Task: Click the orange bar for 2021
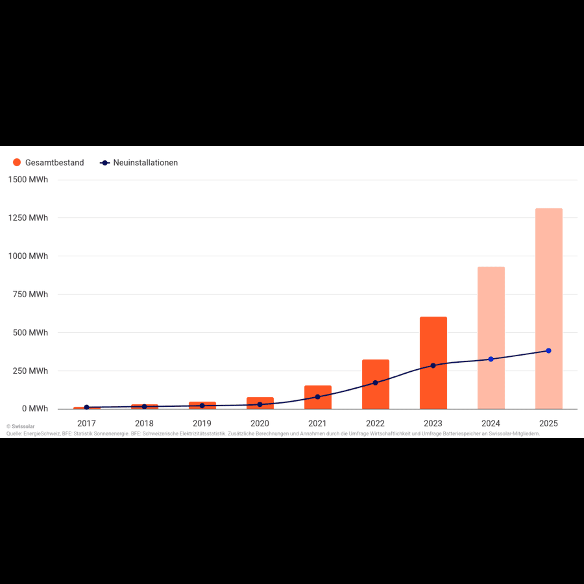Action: coord(317,402)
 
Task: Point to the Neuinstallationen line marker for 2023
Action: coord(433,365)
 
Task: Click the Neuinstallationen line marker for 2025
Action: coord(548,350)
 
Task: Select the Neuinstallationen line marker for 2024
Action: coord(491,359)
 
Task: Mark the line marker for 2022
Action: coord(375,383)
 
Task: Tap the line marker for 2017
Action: coord(86,408)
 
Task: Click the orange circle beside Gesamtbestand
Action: coord(17,163)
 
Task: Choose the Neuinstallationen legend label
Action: coord(145,163)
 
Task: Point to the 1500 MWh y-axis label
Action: coord(29,180)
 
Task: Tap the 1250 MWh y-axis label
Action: coord(29,218)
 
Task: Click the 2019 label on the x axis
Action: coord(202,423)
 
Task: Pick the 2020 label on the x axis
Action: coord(260,423)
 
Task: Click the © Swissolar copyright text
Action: coord(21,427)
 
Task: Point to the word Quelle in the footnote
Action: coord(14,433)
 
